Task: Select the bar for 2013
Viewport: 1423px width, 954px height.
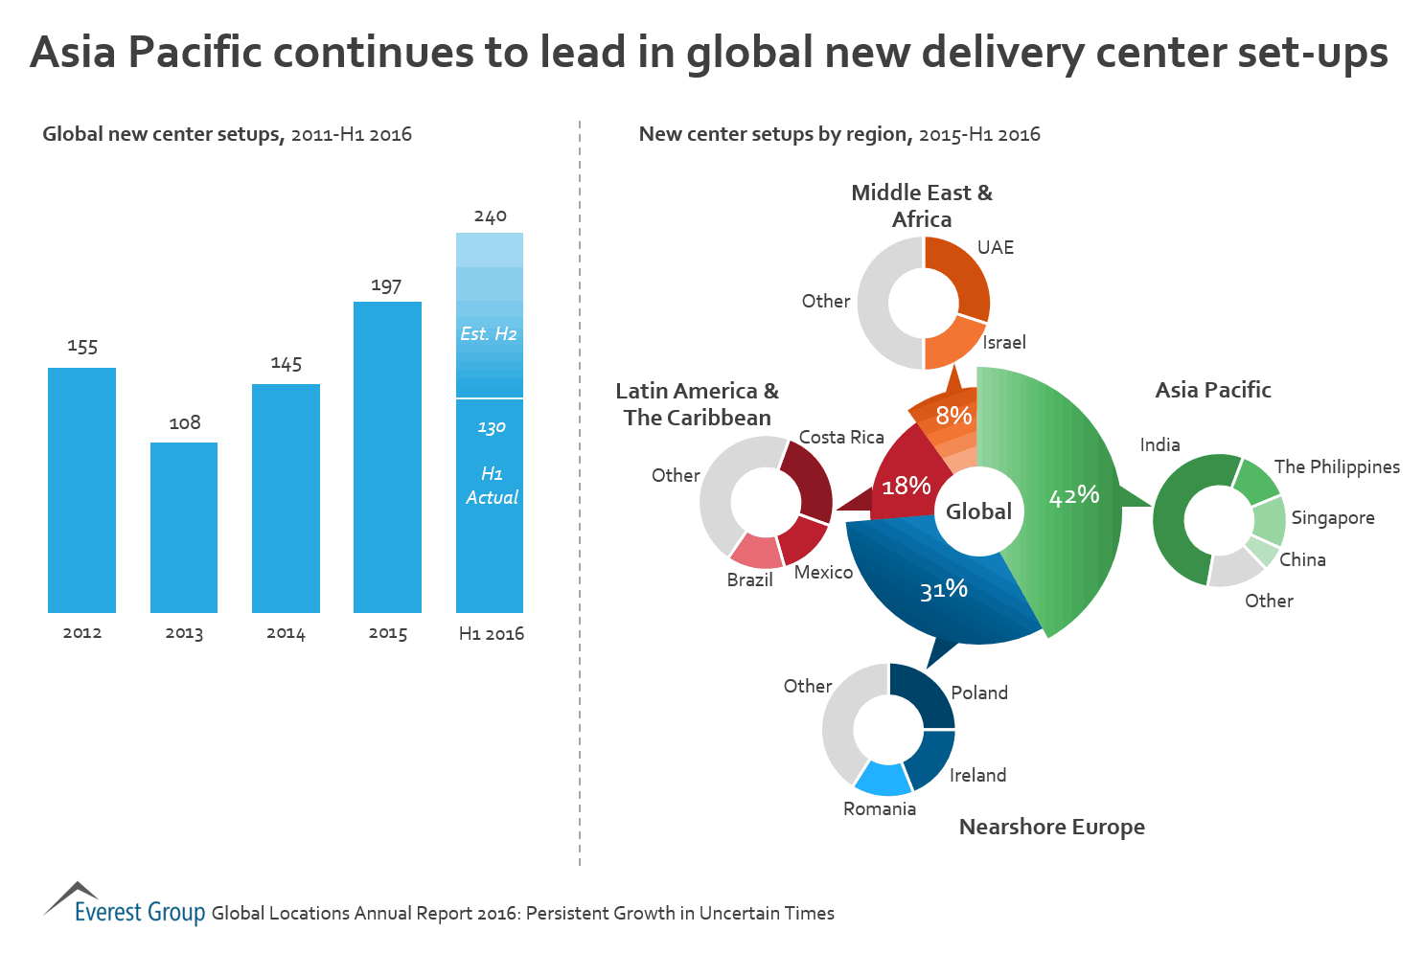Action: pos(184,527)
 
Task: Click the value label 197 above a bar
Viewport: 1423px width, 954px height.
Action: pos(386,285)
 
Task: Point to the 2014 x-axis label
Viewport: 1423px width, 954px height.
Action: pos(286,633)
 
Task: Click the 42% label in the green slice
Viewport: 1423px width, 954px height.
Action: pos(1074,495)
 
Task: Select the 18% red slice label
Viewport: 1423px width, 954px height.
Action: pos(907,486)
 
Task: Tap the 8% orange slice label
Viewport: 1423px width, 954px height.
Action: pos(953,416)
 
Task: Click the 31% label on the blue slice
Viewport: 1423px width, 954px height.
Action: pos(944,589)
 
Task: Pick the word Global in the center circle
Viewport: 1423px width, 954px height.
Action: pos(978,511)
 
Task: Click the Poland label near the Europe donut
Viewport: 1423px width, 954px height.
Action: pos(979,693)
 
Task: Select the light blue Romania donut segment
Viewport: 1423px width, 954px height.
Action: pos(883,779)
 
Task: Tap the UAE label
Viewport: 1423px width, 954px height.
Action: pos(996,247)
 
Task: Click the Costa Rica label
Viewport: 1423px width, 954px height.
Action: pos(841,437)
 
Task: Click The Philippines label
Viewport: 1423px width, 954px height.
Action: pos(1337,466)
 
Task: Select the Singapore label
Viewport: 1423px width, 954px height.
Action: pos(1333,517)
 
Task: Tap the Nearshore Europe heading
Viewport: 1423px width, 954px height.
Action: pos(1052,827)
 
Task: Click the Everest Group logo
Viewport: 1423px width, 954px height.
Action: pos(125,906)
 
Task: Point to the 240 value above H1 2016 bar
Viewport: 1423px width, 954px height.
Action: pos(490,216)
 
